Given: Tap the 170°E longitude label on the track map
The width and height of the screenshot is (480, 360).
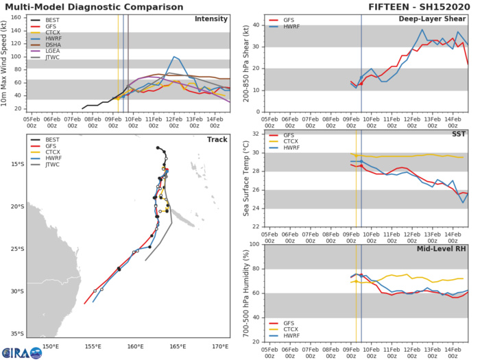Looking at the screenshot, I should click(221, 346).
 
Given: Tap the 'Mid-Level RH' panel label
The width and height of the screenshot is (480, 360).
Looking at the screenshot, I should click(440, 249).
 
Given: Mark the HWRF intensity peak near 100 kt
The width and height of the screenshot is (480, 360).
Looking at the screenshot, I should click(174, 56).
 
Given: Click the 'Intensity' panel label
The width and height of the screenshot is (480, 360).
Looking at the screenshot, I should click(211, 19).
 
